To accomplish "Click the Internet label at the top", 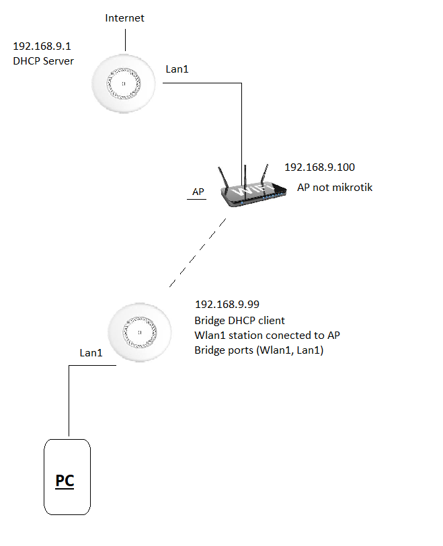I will pyautogui.click(x=124, y=17).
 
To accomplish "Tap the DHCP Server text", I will pyautogui.click(x=43, y=61).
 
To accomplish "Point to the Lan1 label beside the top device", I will pyautogui.click(x=178, y=69).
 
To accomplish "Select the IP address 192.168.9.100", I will pyautogui.click(x=319, y=167).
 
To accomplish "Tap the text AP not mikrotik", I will pyautogui.click(x=335, y=188).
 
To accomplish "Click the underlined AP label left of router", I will pyautogui.click(x=198, y=192).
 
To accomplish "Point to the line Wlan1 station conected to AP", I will pyautogui.click(x=272, y=336).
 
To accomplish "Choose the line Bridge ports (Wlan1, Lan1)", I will pyautogui.click(x=259, y=350).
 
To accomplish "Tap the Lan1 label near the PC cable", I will pyautogui.click(x=91, y=352).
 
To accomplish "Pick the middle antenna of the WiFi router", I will pyautogui.click(x=246, y=174).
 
